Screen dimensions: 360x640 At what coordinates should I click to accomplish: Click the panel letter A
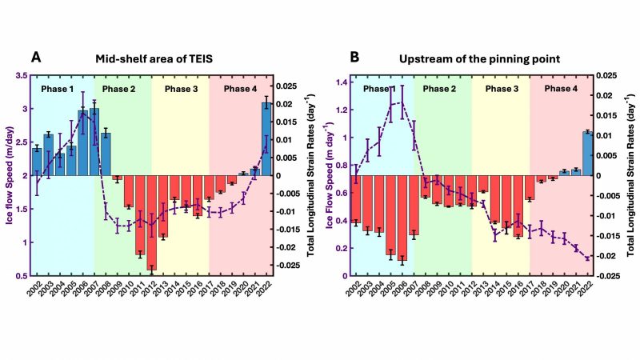pos(36,58)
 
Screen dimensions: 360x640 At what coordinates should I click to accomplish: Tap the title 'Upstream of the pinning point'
pos(473,58)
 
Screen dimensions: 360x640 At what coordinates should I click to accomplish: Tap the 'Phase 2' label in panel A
pos(123,88)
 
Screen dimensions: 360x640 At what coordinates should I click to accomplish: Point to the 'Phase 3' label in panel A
pos(181,88)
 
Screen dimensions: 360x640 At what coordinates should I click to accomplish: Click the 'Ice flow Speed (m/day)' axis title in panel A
pos(10,175)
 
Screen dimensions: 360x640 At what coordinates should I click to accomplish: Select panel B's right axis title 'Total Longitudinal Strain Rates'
pos(631,175)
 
